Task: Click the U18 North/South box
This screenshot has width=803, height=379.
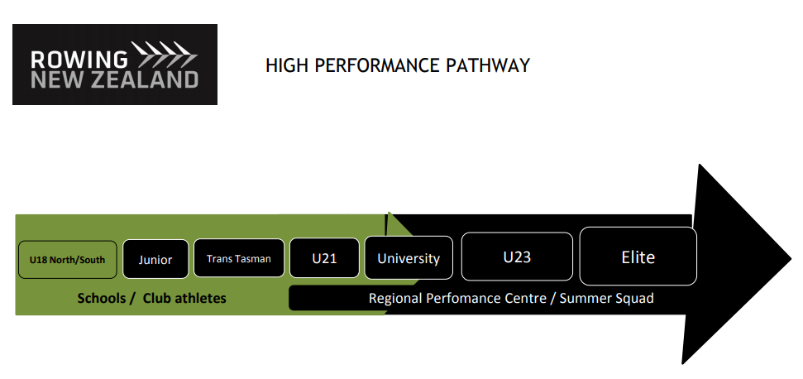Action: coord(67,259)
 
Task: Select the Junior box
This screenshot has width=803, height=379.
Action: coord(155,259)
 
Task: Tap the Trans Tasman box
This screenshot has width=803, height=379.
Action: coord(238,258)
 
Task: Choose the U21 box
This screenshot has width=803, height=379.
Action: coord(324,258)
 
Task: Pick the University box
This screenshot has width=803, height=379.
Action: coord(409,258)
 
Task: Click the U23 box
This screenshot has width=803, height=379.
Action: coord(517,257)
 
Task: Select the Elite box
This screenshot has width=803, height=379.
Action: coord(638,257)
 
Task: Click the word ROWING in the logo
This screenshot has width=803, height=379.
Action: coord(79,60)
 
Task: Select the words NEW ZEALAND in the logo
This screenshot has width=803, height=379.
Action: coord(114,80)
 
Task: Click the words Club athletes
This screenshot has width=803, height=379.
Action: coord(184,298)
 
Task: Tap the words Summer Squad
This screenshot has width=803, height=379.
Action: coord(607,298)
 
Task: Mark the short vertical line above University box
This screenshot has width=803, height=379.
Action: coord(386,223)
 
